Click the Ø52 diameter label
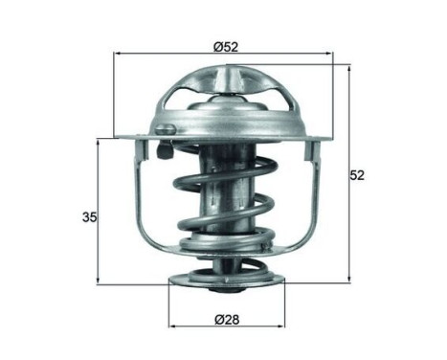[x=226, y=45]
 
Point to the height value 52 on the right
[x=358, y=175]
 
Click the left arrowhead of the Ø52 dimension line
[x=119, y=56]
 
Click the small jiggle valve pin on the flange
[x=164, y=129]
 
